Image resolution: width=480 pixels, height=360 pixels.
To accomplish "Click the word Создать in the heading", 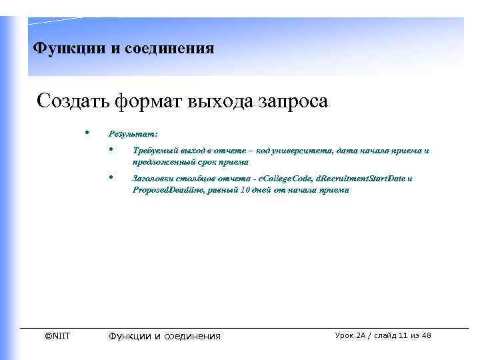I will coord(73,102).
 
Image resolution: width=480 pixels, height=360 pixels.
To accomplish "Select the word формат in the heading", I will coord(147,102).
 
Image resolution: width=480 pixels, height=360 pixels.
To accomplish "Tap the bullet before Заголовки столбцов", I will coord(111,177).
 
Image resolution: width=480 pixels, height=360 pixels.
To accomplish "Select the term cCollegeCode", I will coord(286,179).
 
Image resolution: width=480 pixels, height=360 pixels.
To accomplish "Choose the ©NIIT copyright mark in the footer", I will coord(57,335).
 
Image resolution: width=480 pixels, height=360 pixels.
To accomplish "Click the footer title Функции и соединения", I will coord(164,336).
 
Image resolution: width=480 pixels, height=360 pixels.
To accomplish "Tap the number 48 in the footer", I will coord(425,335).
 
